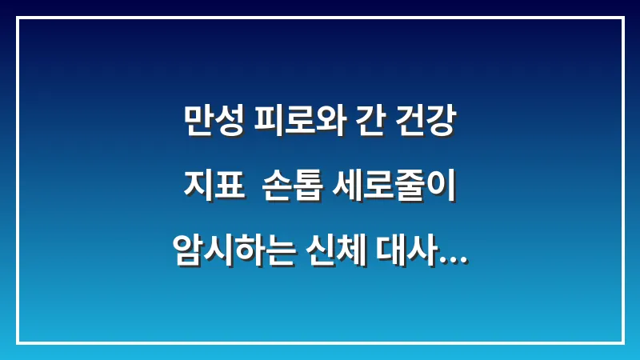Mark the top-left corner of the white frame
point(18,18)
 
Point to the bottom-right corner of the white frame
point(622,342)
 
